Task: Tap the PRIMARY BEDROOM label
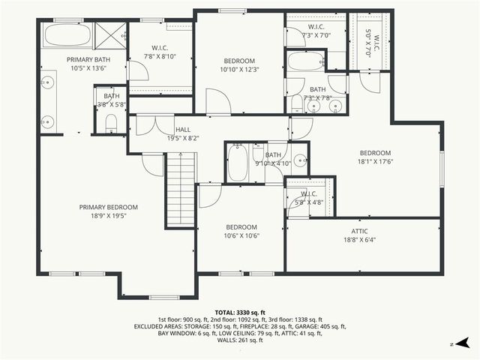pos(109,207)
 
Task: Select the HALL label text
pos(183,129)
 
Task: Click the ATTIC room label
pos(359,231)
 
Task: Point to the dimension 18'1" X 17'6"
pos(376,161)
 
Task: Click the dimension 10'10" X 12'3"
pos(239,70)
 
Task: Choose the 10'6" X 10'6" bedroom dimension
pos(241,236)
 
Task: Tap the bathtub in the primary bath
pos(67,35)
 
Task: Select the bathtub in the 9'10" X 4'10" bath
pos(237,163)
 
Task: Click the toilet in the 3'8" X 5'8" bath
pos(110,122)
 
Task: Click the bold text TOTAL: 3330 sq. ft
pos(239,312)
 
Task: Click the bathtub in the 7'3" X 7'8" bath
pos(305,61)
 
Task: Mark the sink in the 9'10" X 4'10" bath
pos(299,160)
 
